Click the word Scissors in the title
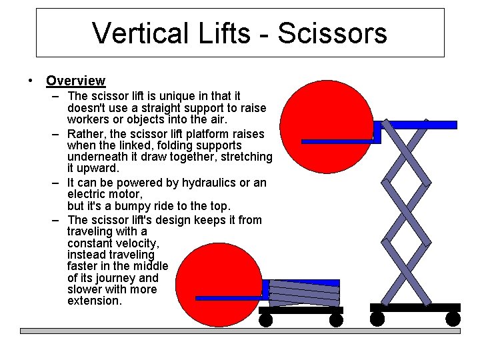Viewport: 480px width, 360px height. click(x=332, y=33)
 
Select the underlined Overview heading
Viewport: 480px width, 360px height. click(x=75, y=81)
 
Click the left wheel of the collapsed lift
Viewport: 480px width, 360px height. click(x=265, y=321)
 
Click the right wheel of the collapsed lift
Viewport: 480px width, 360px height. click(x=336, y=321)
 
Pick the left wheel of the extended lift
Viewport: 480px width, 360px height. click(x=377, y=319)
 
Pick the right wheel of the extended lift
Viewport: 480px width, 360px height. click(x=453, y=319)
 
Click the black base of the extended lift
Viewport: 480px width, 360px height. click(x=415, y=307)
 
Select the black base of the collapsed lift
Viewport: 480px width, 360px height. click(x=301, y=310)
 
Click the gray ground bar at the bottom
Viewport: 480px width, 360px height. click(x=240, y=331)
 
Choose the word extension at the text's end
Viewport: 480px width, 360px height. click(x=94, y=301)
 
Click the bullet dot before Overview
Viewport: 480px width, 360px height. click(x=31, y=81)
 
